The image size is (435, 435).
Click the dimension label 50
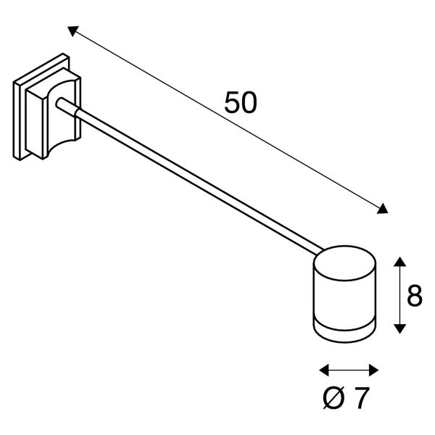pyautogui.click(x=241, y=102)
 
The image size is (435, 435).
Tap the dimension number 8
pyautogui.click(x=415, y=295)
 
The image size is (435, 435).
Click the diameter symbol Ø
pyautogui.click(x=333, y=398)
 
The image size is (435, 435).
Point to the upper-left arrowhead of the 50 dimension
pyautogui.click(x=72, y=30)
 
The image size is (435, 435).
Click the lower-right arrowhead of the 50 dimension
pyautogui.click(x=383, y=209)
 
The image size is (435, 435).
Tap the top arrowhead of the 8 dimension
pyautogui.click(x=399, y=262)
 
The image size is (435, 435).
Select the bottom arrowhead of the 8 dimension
pyautogui.click(x=399, y=328)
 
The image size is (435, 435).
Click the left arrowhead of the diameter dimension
pyautogui.click(x=324, y=370)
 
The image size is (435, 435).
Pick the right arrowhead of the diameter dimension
pyautogui.click(x=374, y=370)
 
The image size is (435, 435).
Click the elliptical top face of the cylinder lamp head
pyautogui.click(x=345, y=263)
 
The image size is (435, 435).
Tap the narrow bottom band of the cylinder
pyautogui.click(x=345, y=332)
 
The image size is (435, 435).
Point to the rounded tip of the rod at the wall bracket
pyautogui.click(x=59, y=102)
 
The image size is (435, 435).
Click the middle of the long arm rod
pyautogui.click(x=189, y=176)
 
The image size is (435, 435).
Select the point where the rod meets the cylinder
pyautogui.click(x=320, y=251)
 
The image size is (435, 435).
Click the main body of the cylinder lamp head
pyautogui.click(x=345, y=302)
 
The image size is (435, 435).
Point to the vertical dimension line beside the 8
pyautogui.click(x=399, y=295)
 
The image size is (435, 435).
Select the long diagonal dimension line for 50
pyautogui.click(x=228, y=120)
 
